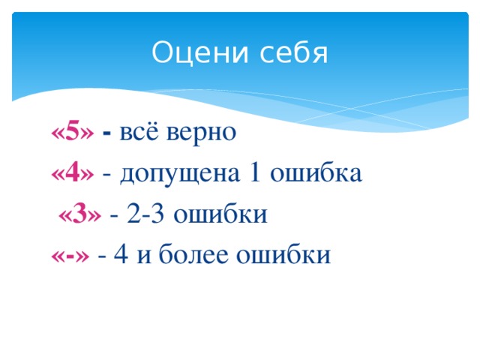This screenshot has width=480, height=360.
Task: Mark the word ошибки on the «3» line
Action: click(x=220, y=214)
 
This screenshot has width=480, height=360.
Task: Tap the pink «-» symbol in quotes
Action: click(x=70, y=255)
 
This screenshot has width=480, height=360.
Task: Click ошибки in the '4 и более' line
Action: click(x=282, y=255)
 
